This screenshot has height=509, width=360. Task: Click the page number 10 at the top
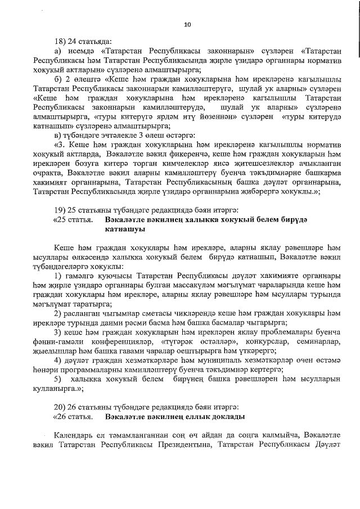pyautogui.click(x=187, y=24)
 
